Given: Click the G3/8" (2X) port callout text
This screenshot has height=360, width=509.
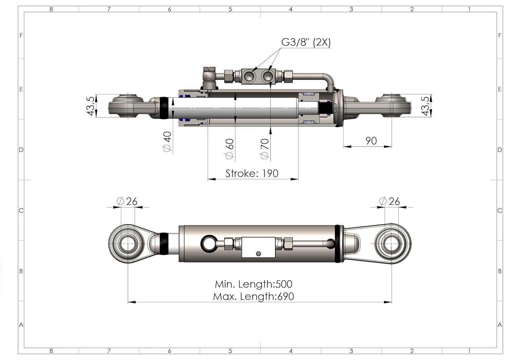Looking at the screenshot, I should tap(306, 42).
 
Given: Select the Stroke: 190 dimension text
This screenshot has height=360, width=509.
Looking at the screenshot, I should tap(252, 174).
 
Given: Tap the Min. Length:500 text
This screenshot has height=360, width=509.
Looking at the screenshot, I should tap(253, 284).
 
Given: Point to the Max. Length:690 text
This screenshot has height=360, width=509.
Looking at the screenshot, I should tap(253, 296).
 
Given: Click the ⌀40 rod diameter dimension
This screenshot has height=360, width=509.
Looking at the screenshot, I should tap(167, 142).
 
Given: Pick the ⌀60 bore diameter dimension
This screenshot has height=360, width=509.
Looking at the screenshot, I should tap(230, 148).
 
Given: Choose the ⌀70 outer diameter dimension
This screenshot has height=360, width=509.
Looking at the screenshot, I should tap(264, 148).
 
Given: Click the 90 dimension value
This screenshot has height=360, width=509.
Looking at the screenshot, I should tap(371, 141).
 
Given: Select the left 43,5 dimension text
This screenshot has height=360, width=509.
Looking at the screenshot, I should tap(91, 106).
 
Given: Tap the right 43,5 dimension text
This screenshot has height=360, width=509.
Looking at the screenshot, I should tap(425, 106).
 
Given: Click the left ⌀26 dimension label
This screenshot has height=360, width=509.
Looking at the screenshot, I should tap(127, 201).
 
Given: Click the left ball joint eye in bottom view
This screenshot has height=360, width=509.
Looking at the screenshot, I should tap(128, 244).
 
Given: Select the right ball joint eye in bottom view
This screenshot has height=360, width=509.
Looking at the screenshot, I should tap(392, 244).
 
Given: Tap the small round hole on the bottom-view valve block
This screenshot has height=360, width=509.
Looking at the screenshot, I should tap(259, 254).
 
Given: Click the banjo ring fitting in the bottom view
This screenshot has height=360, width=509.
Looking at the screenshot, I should tap(209, 244).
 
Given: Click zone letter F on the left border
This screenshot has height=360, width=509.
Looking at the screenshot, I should tap(21, 35).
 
